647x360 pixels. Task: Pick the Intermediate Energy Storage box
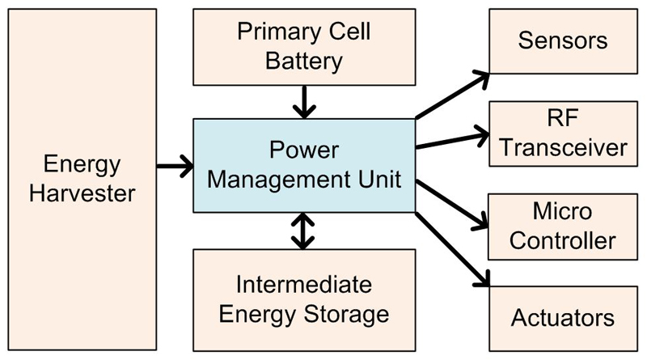[x=303, y=299]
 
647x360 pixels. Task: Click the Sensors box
[x=563, y=40]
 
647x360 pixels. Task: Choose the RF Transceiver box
[x=563, y=133]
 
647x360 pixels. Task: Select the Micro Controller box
[x=563, y=227]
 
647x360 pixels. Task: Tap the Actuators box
[x=563, y=316]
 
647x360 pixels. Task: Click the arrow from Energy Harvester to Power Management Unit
[x=175, y=167]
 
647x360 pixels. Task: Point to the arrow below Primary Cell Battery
[x=303, y=101]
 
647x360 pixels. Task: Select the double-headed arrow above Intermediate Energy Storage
[x=303, y=231]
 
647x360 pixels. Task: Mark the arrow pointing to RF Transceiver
[x=453, y=139]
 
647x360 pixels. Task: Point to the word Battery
[x=302, y=61]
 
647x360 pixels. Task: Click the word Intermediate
[x=303, y=284]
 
